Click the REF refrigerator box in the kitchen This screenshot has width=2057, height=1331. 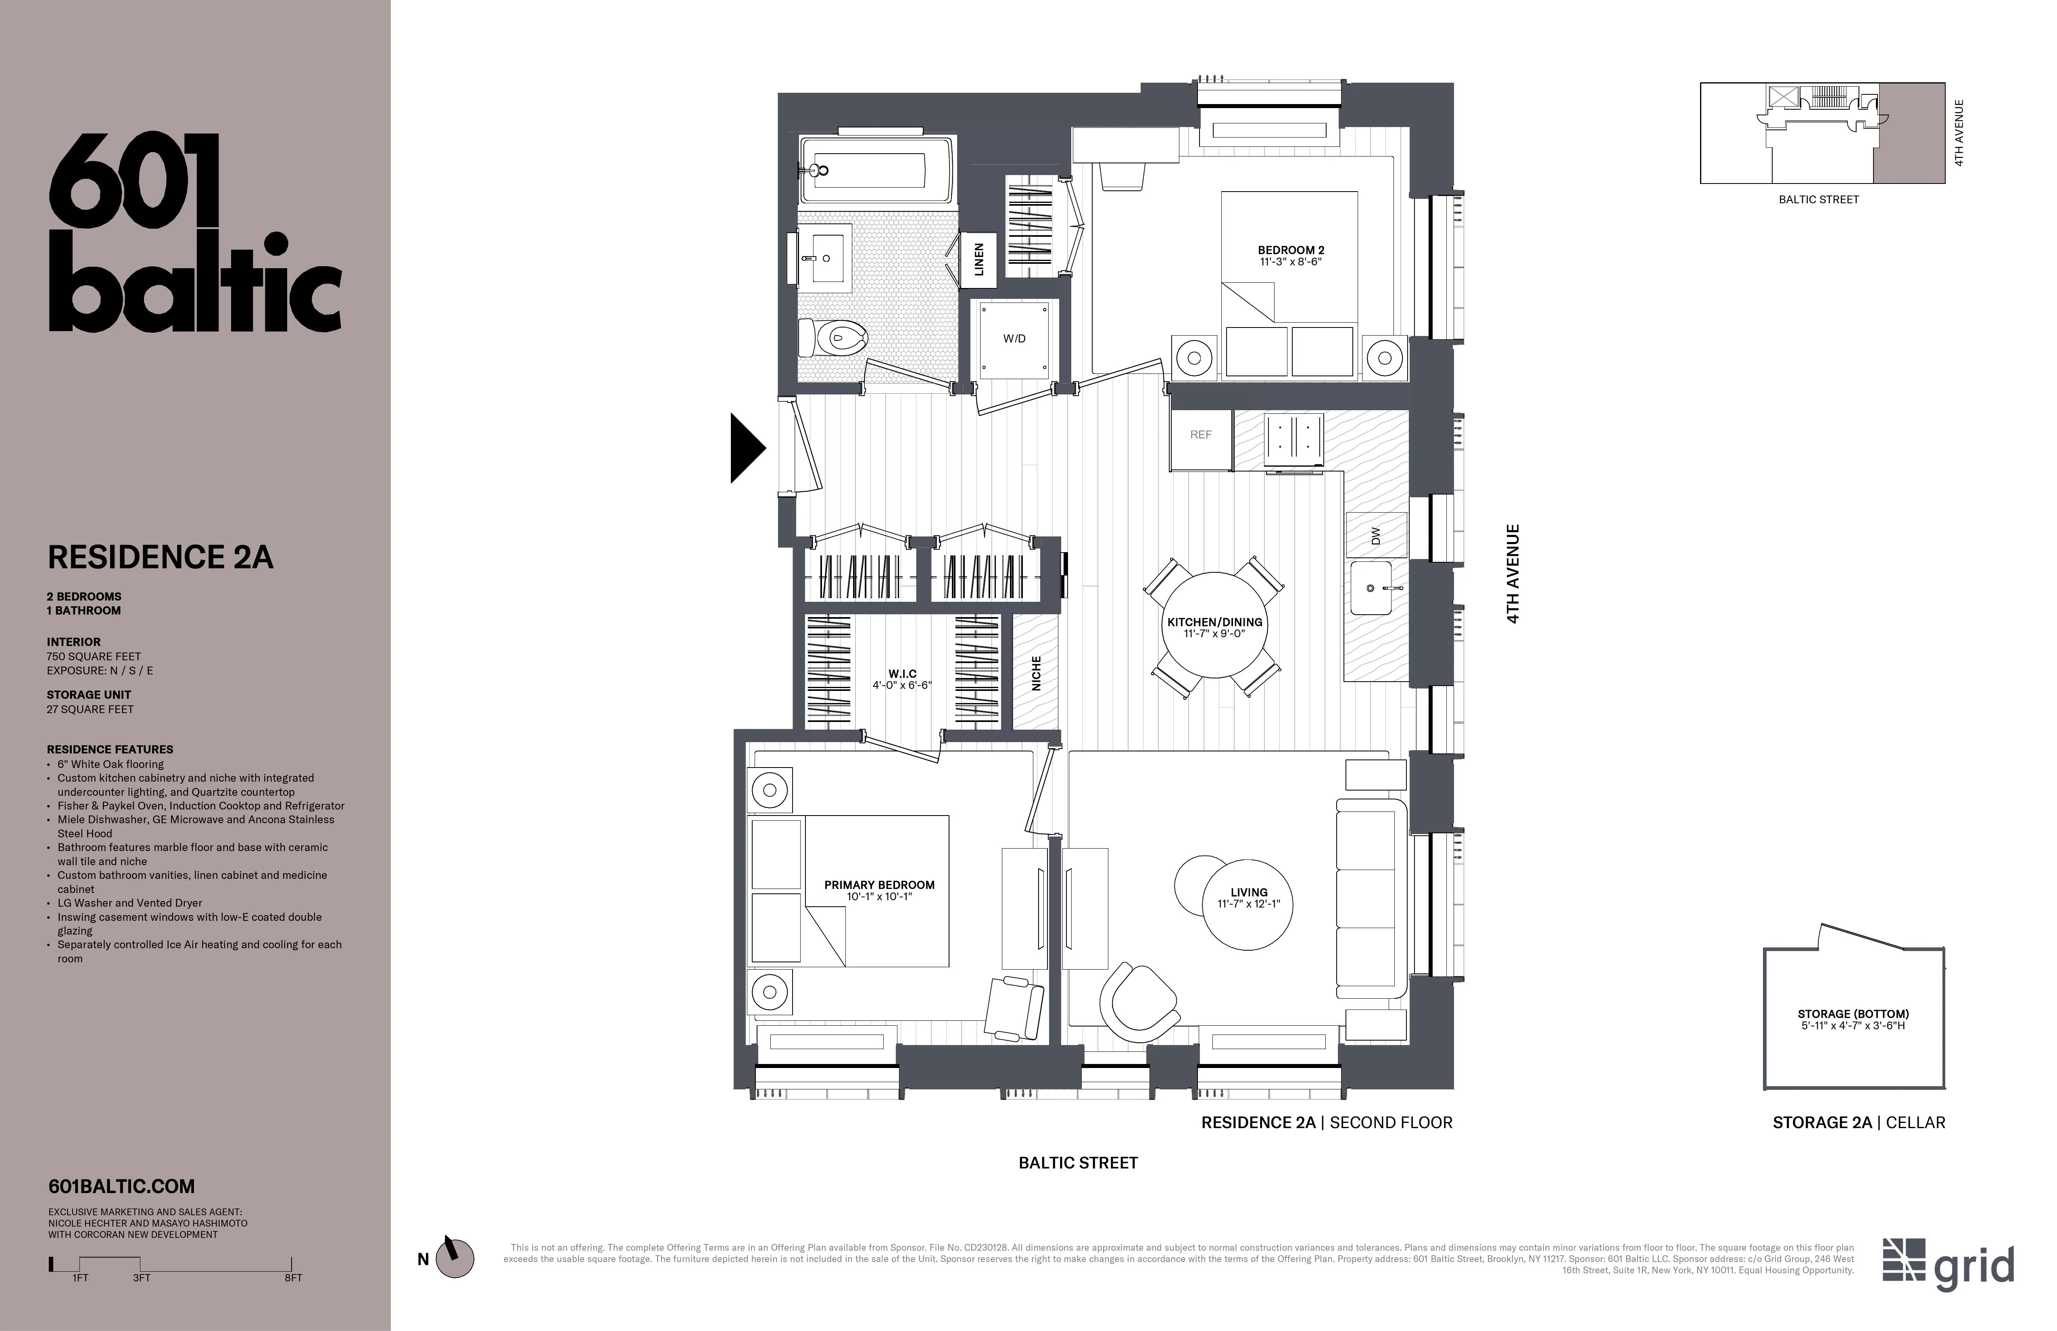click(1200, 435)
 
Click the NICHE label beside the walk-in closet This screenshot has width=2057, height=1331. click(1035, 672)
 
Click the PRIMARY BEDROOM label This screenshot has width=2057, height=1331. click(879, 885)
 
